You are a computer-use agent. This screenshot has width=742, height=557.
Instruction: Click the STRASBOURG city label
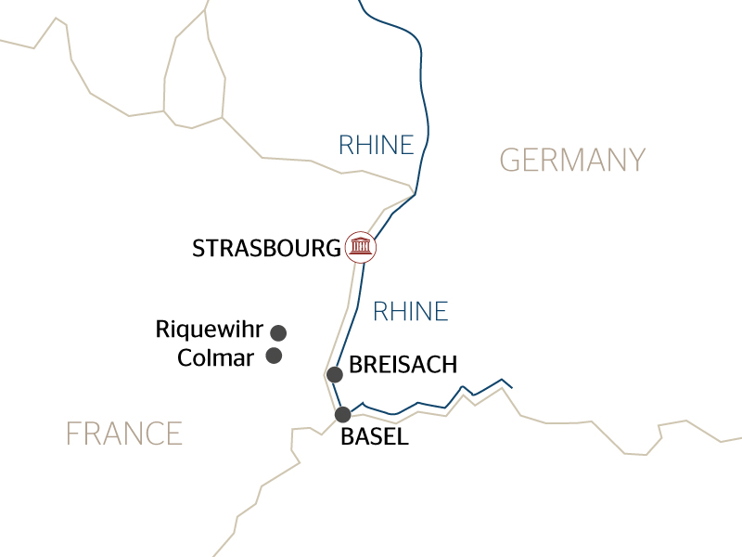pyautogui.click(x=266, y=248)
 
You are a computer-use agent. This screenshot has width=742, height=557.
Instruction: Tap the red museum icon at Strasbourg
pyautogui.click(x=360, y=246)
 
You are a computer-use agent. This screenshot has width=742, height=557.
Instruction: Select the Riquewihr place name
pyautogui.click(x=210, y=330)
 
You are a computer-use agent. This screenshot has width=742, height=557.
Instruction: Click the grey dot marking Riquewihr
pyautogui.click(x=277, y=332)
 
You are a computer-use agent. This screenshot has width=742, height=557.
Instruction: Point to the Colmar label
pyautogui.click(x=215, y=357)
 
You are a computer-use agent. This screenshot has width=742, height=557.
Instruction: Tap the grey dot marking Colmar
pyautogui.click(x=274, y=356)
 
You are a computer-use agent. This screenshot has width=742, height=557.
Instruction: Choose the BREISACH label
pyautogui.click(x=403, y=364)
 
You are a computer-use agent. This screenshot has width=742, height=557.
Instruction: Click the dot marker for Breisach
pyautogui.click(x=336, y=374)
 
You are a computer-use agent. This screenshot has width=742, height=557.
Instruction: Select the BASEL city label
pyautogui.click(x=375, y=437)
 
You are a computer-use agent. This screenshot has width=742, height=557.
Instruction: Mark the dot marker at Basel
pyautogui.click(x=343, y=414)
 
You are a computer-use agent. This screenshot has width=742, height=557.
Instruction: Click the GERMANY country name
pyautogui.click(x=572, y=160)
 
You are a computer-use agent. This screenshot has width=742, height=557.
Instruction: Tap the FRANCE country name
pyautogui.click(x=123, y=433)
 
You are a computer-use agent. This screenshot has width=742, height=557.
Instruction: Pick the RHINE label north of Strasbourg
pyautogui.click(x=376, y=145)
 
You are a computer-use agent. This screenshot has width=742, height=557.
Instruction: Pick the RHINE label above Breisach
pyautogui.click(x=410, y=311)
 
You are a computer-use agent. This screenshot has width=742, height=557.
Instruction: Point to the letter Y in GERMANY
pyautogui.click(x=634, y=160)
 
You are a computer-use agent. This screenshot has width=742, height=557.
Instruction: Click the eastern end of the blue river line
pyautogui.click(x=512, y=387)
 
